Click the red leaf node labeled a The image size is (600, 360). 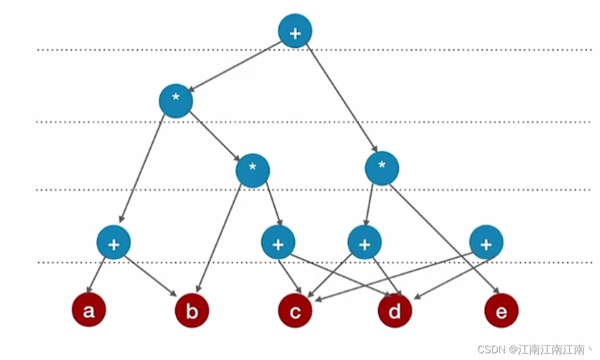click(88, 310)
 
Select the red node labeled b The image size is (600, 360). click(192, 310)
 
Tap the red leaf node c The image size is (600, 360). click(295, 310)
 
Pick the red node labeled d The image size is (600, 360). click(395, 310)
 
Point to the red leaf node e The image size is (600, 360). click(501, 310)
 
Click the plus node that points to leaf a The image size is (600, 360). click(114, 243)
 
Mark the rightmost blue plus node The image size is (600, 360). click(486, 243)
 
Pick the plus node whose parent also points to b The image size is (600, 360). click(278, 243)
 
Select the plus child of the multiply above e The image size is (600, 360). click(365, 243)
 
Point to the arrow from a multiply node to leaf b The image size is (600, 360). click(218, 240)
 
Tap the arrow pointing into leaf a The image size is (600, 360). click(97, 275)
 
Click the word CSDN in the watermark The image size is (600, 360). click(490, 349)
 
